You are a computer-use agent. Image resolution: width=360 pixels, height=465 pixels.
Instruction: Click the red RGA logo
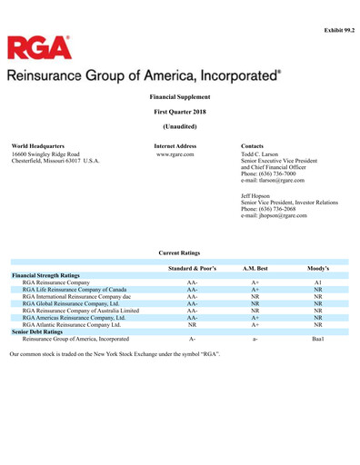[39, 47]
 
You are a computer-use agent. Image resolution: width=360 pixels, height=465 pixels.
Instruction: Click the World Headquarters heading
[39, 145]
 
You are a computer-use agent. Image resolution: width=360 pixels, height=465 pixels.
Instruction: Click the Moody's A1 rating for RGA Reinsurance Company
[317, 282]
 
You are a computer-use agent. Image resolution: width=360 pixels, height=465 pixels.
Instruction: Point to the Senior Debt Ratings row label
[42, 331]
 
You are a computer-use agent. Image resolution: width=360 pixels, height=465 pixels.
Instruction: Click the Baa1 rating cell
[317, 339]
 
